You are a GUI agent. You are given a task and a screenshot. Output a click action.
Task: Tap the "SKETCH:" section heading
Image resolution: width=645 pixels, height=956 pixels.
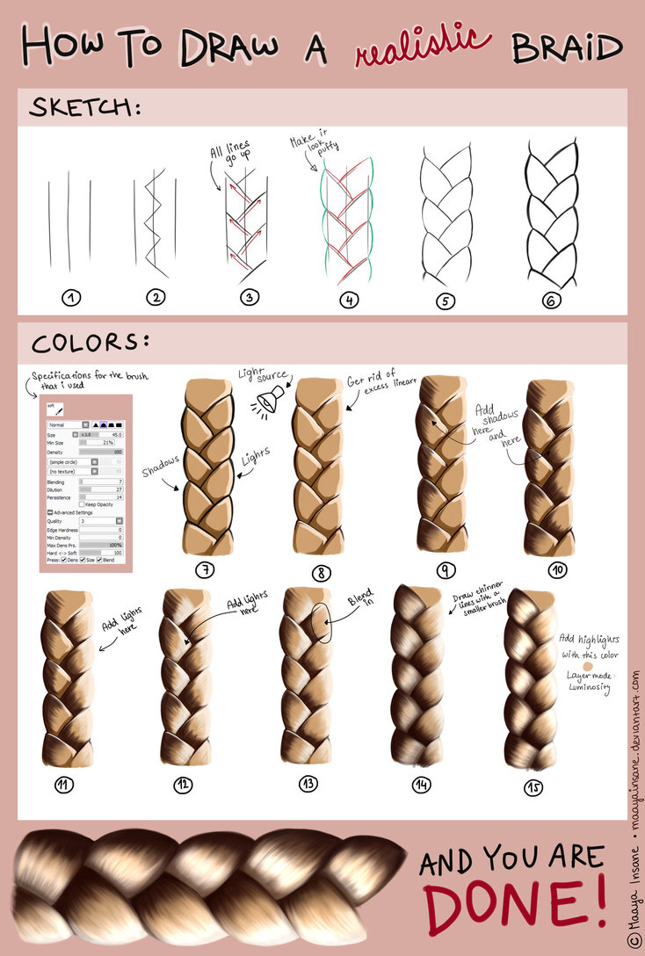click(x=85, y=108)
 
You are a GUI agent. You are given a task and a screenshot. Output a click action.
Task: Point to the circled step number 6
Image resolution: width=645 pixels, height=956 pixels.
click(x=551, y=300)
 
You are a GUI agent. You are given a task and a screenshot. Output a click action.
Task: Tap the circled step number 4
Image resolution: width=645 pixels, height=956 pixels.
click(x=349, y=301)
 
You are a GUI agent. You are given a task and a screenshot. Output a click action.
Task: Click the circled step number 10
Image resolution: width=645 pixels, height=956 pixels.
click(x=558, y=569)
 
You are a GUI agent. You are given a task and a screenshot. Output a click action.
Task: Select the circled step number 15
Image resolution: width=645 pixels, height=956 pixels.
click(x=533, y=787)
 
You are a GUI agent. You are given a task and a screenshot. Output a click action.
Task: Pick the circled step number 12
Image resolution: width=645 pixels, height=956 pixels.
click(x=183, y=785)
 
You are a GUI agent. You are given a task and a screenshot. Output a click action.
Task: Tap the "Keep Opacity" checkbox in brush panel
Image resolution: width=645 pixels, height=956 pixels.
click(x=82, y=503)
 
